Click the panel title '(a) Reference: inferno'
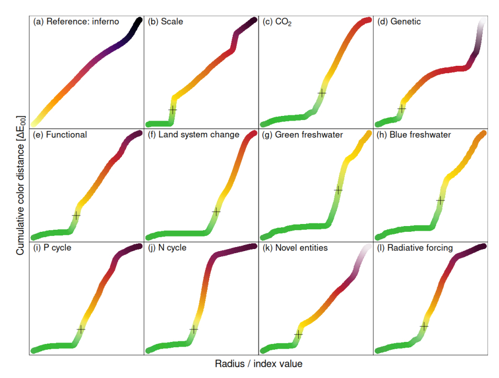(x=76, y=22)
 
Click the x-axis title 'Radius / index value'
(x=258, y=363)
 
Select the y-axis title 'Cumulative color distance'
(x=20, y=186)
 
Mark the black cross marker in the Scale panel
(x=173, y=110)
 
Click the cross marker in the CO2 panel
(x=322, y=92)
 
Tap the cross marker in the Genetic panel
(x=401, y=108)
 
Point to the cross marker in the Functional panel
(x=76, y=215)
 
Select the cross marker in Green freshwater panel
(x=338, y=190)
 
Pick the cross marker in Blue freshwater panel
(x=440, y=200)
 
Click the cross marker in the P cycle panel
(x=81, y=329)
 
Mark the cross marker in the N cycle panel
(x=194, y=329)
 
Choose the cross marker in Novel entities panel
(x=298, y=334)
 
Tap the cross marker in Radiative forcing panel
(x=424, y=326)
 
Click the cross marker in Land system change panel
(x=216, y=211)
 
